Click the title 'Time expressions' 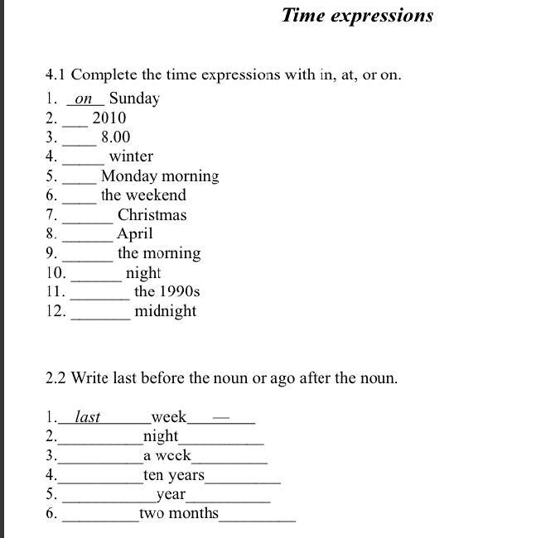357,15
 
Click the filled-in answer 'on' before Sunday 84,98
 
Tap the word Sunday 134,98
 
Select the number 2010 109,118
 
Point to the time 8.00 115,137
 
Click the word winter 131,156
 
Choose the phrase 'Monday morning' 160,175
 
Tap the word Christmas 152,215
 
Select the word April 134,233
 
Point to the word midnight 166,311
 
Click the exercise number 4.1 56,74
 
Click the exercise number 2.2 56,378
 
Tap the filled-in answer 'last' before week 87,417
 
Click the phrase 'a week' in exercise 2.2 167,456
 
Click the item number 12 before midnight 56,311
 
